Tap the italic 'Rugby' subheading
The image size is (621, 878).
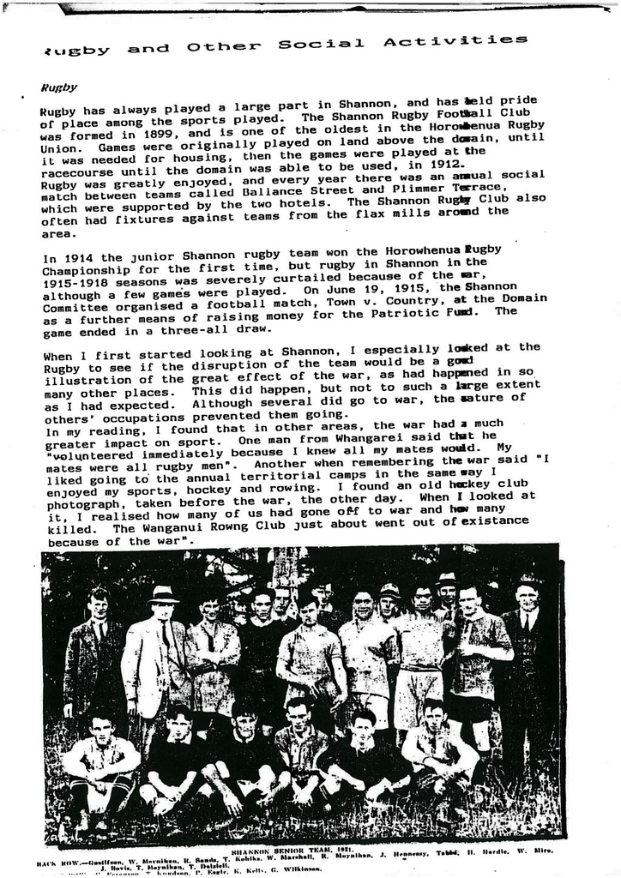click(59, 87)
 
